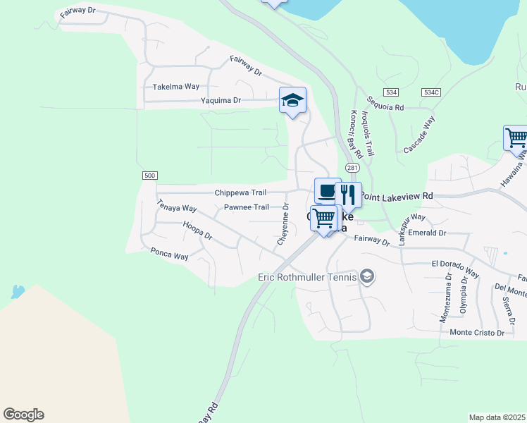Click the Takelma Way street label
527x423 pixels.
tap(176, 87)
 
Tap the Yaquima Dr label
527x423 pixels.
tap(221, 101)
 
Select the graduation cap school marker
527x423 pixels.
tap(292, 101)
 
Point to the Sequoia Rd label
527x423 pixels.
tap(389, 108)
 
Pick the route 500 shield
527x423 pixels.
tap(149, 176)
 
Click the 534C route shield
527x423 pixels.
tap(431, 92)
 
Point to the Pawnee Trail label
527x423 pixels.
tap(247, 207)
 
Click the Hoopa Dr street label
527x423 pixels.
tap(197, 231)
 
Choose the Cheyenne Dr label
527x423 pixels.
tap(283, 223)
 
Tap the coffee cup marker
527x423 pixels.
tap(328, 190)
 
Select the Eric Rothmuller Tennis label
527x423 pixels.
tap(306, 276)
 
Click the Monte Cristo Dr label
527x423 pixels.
tap(477, 333)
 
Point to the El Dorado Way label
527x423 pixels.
tap(455, 264)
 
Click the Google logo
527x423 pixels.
tap(23, 415)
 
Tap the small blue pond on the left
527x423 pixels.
tap(17, 290)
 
